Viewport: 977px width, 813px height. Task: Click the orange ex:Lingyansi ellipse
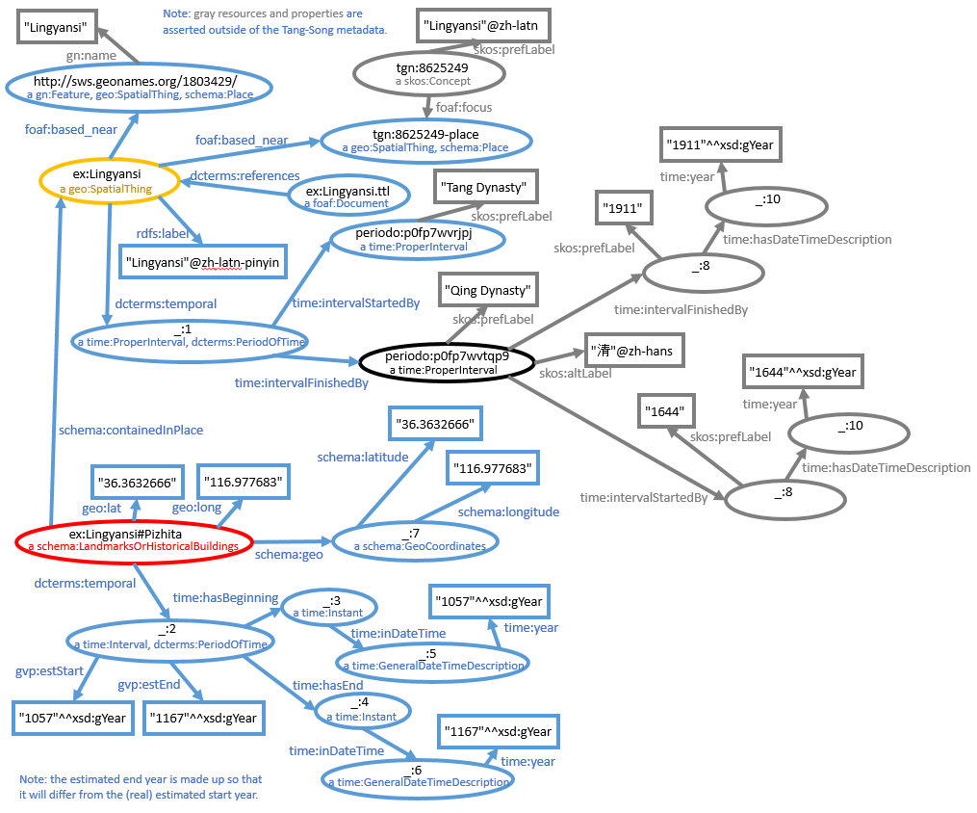[x=110, y=181]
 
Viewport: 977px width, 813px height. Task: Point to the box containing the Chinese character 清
[x=634, y=352]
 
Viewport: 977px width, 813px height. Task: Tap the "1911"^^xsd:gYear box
[x=719, y=147]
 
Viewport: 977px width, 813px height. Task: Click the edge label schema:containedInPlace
[x=130, y=430]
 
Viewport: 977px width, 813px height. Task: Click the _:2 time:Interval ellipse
[x=169, y=637]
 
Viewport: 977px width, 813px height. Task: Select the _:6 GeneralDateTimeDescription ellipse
[x=417, y=776]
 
